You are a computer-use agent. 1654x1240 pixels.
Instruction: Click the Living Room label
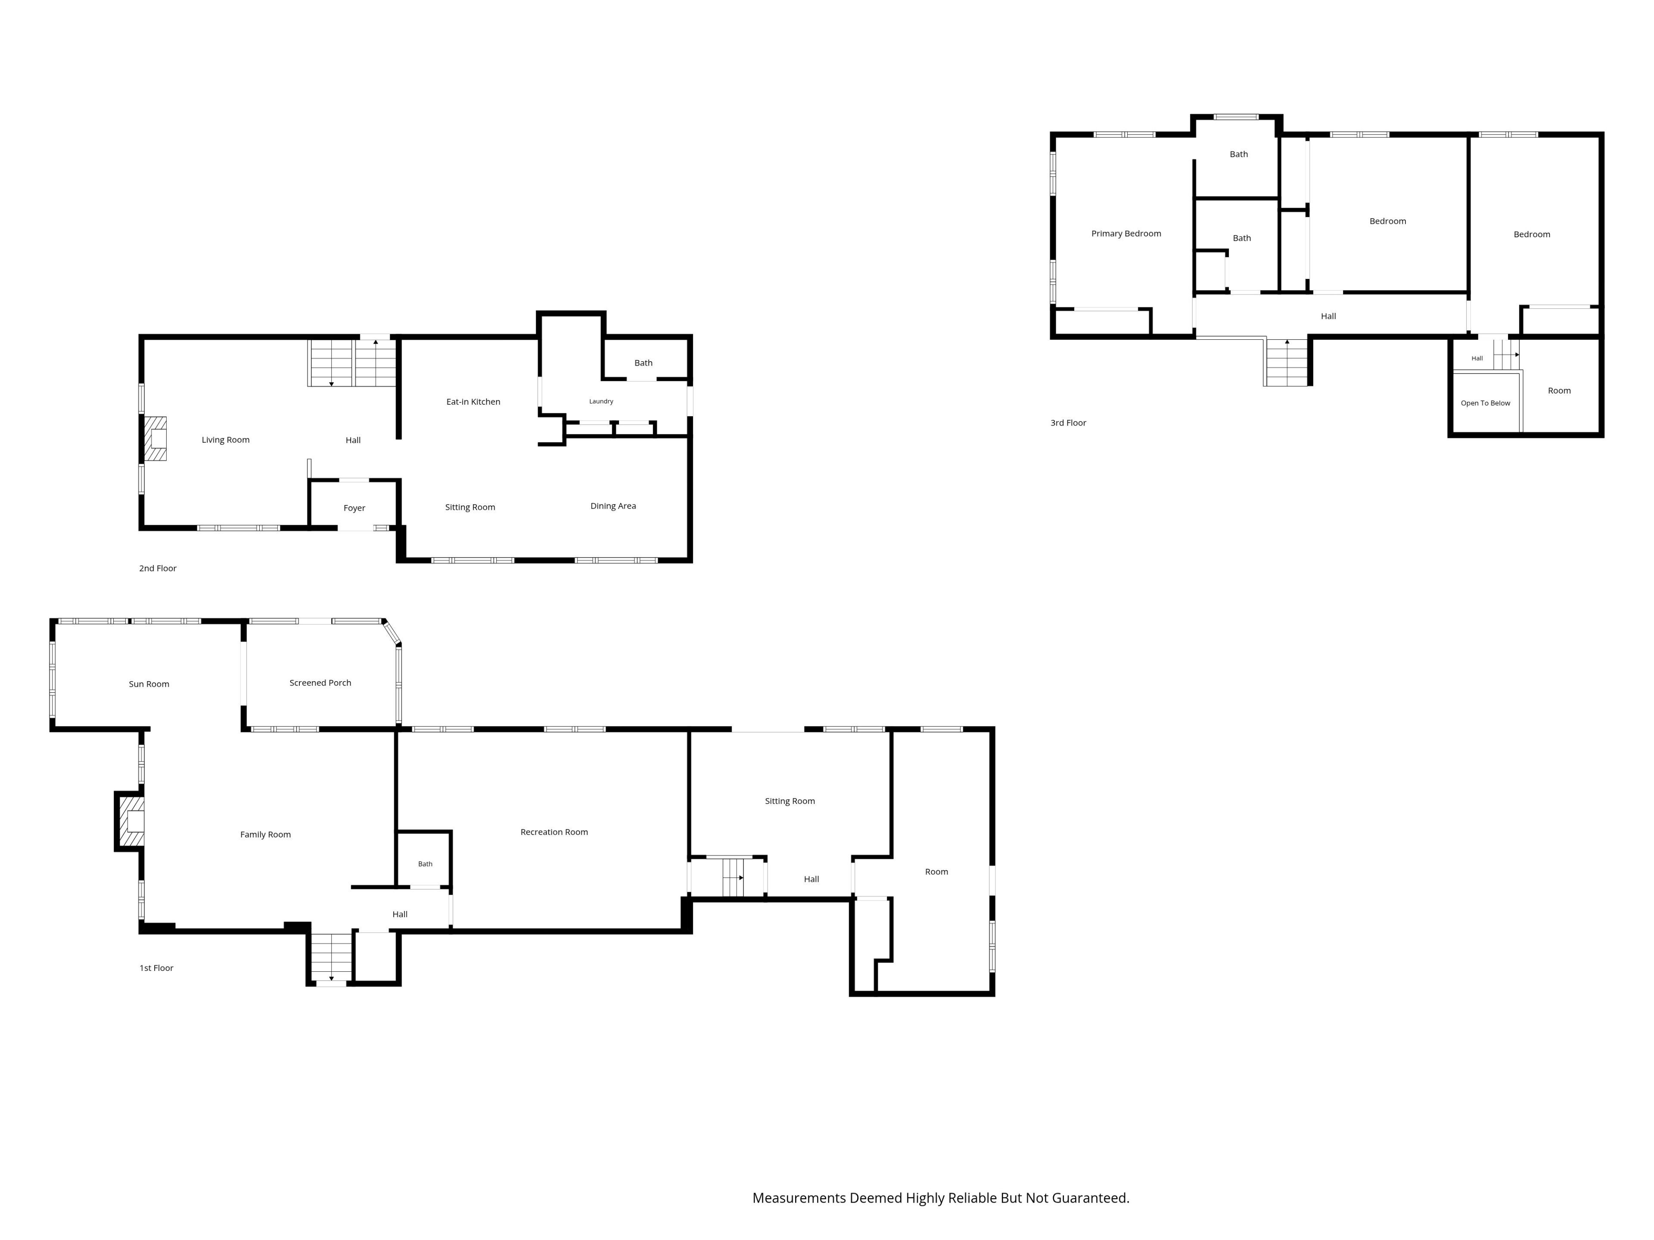225,440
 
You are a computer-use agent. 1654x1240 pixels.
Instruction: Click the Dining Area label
613,506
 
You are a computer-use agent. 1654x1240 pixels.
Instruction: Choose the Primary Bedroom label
1126,234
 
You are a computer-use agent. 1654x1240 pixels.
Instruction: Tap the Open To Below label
1485,403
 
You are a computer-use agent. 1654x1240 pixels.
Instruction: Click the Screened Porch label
320,682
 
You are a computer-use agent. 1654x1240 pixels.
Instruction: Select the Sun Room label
149,684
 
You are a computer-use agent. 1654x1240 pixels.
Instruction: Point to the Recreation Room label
554,832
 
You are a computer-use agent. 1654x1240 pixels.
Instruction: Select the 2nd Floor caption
158,568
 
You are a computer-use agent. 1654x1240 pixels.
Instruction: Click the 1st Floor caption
156,968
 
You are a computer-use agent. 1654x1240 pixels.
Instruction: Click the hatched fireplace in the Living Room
155,439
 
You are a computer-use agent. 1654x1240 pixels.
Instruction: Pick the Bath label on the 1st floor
425,864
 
